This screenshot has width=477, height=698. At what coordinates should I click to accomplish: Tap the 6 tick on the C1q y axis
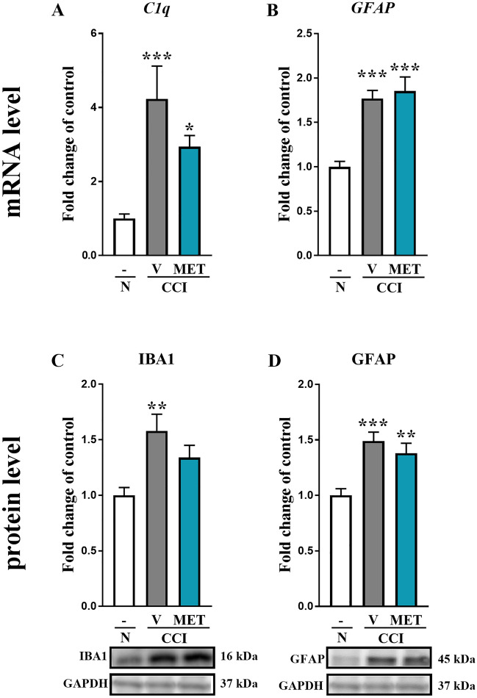tap(93, 33)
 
